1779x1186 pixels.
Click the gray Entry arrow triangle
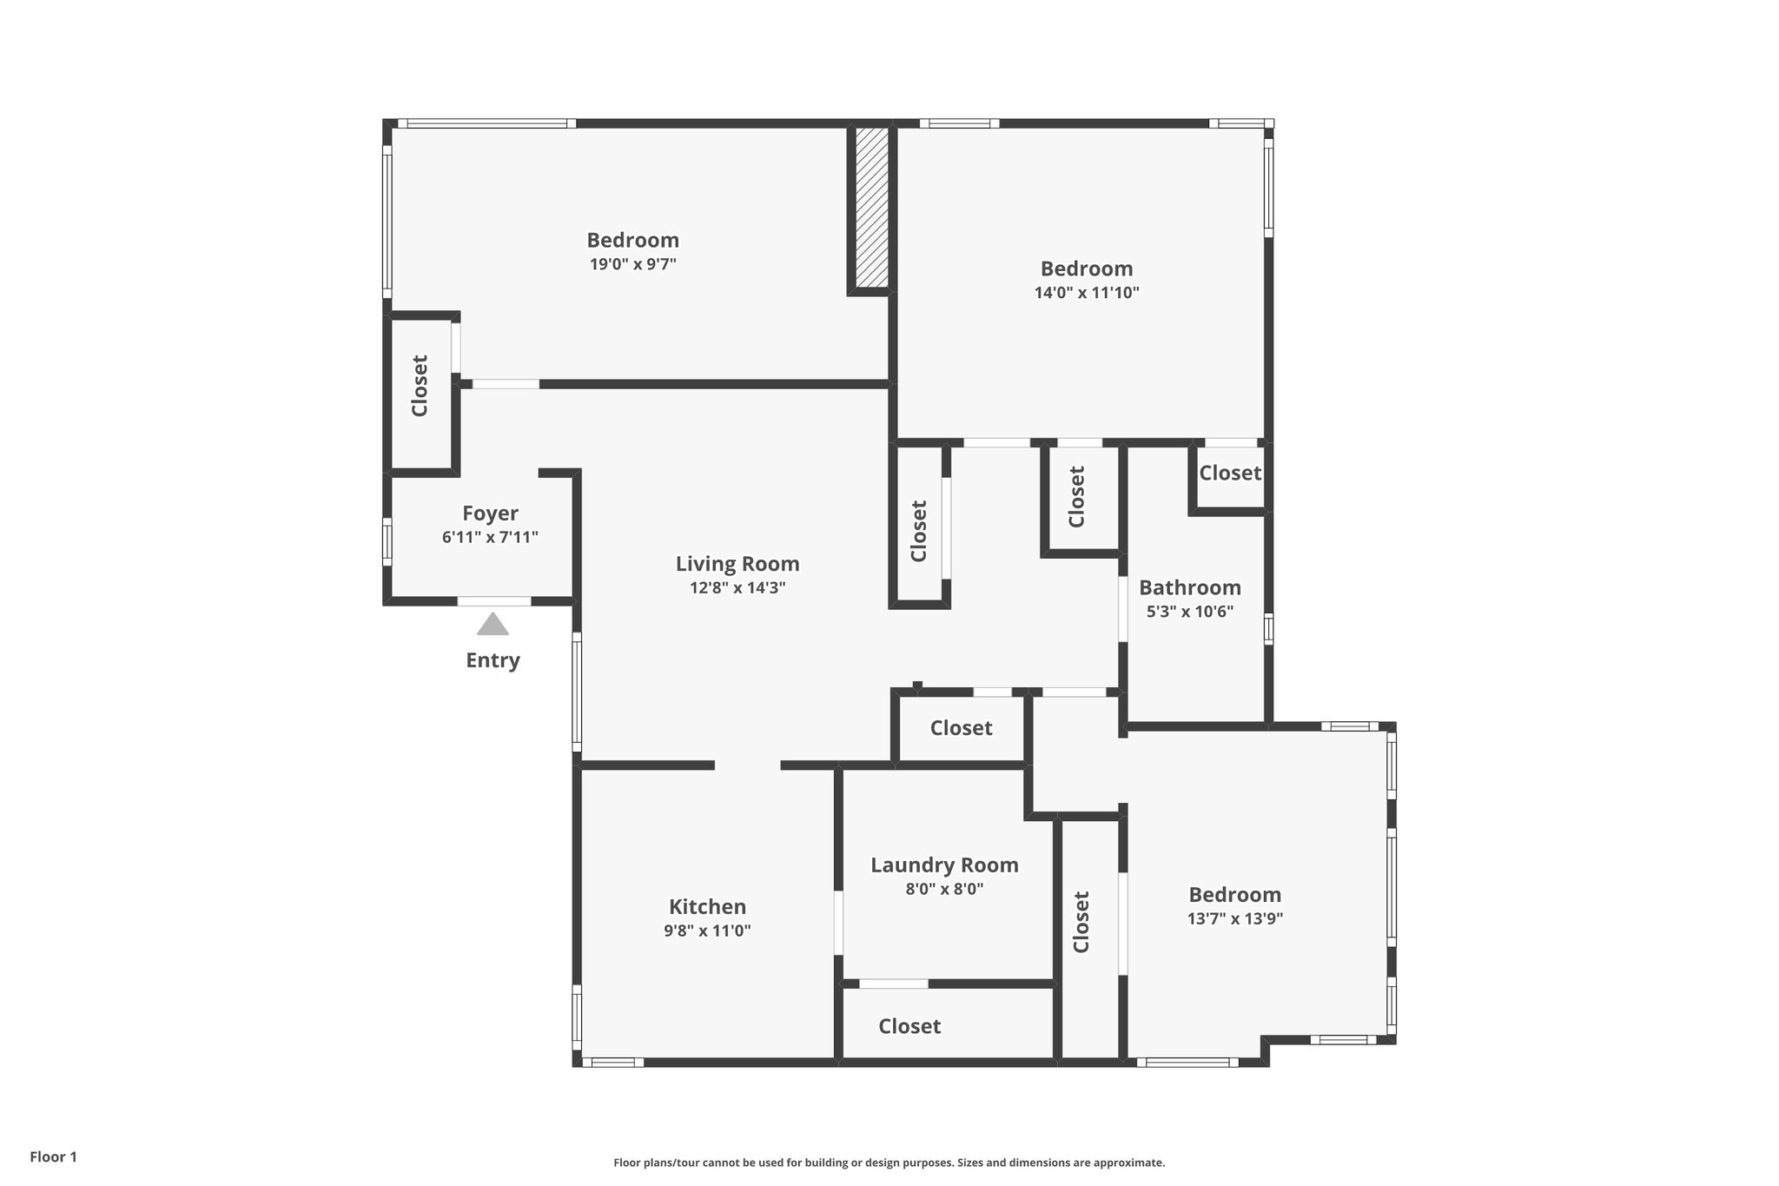pos(493,625)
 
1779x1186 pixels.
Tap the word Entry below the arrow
pos(493,660)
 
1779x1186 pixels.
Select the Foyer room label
pos(490,513)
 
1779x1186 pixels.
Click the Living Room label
pos(737,564)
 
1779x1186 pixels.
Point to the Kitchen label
pos(707,907)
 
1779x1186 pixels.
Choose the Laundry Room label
pos(944,865)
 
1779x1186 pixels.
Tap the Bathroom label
pos(1189,587)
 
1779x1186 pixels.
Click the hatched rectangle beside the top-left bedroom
pos(871,208)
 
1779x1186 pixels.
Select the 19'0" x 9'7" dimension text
pos(632,264)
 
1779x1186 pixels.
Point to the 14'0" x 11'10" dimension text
pos(1086,293)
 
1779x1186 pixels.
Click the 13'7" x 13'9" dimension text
pos(1234,918)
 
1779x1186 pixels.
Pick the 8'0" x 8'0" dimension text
pos(944,889)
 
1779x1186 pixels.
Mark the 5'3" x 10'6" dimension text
pos(1189,611)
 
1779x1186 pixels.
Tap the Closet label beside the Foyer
pos(420,386)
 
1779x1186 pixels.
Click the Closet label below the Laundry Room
pos(909,1026)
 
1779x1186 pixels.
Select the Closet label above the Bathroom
pos(1230,474)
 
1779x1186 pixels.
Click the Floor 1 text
pos(54,1156)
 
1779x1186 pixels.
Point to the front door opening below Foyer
pos(494,601)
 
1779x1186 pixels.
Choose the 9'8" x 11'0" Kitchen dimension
pos(707,931)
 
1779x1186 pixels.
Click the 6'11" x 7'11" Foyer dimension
pos(490,537)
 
